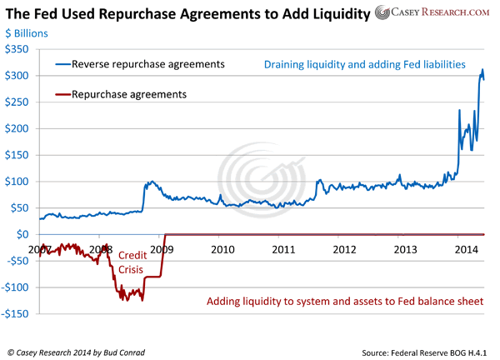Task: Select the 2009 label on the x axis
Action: click(x=162, y=249)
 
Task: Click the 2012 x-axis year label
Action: click(x=343, y=249)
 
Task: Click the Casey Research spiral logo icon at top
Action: click(x=382, y=13)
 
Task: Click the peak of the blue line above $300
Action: click(x=482, y=70)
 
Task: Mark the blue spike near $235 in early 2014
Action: click(x=461, y=110)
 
